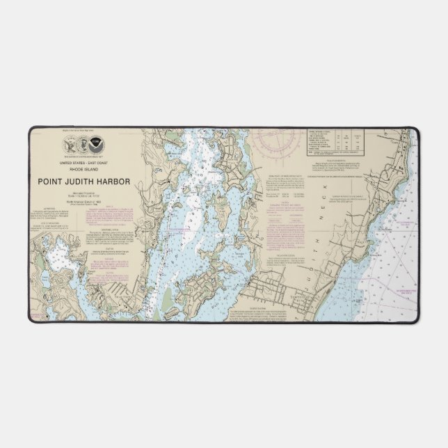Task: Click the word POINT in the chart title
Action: coord(47,184)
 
